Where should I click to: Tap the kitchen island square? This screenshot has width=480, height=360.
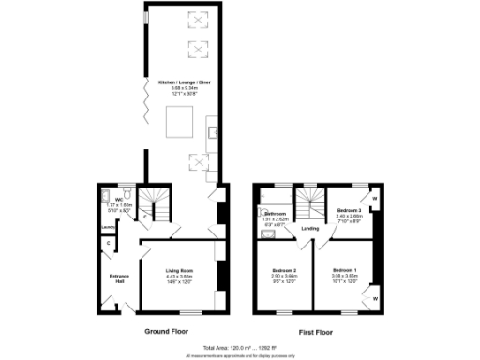click(178, 122)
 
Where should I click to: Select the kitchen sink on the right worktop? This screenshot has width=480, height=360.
click(213, 130)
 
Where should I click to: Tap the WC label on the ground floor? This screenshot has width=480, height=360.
click(120, 200)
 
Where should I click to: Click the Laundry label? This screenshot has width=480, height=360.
click(108, 227)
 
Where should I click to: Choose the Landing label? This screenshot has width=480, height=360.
click(311, 228)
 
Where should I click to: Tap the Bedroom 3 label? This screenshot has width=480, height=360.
click(349, 210)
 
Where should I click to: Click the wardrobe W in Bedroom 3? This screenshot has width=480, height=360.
click(374, 199)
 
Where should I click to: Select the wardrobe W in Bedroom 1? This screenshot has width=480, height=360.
click(374, 299)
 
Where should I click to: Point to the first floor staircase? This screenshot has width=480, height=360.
click(307, 200)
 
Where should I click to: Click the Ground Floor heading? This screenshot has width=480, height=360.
click(169, 332)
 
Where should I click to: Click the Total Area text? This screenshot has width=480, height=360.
click(240, 347)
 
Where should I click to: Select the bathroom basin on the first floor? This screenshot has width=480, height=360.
click(267, 234)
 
